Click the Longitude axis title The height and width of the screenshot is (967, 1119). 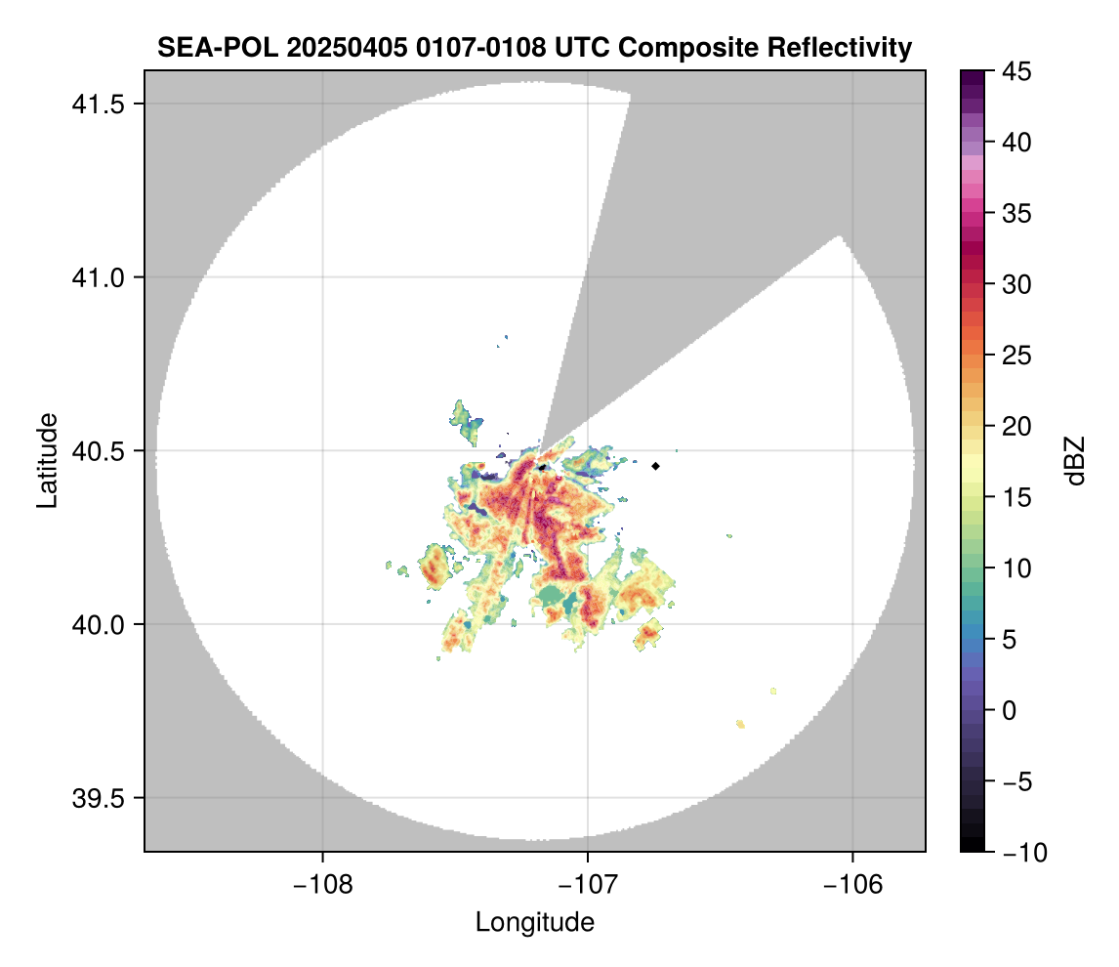click(534, 922)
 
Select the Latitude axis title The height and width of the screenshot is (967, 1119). click(47, 460)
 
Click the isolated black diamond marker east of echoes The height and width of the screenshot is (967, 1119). click(656, 466)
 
